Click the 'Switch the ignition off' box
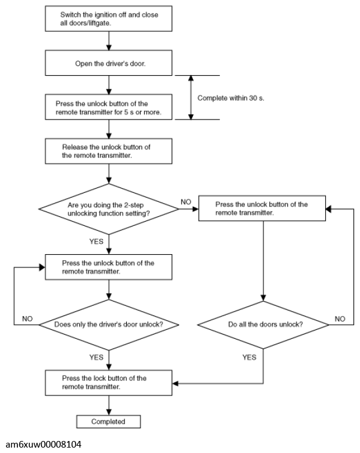tap(109, 19)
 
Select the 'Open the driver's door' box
tap(109, 63)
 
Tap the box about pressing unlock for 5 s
tap(109, 107)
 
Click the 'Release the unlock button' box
tap(109, 151)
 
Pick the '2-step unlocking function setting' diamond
tap(109, 209)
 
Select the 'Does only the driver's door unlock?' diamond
tap(109, 324)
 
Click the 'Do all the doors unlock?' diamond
tap(263, 324)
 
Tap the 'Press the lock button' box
tap(109, 383)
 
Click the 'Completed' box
tap(108, 422)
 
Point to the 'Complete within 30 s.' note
tap(231, 98)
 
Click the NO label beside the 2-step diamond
tap(186, 202)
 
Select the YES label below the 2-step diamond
tap(96, 242)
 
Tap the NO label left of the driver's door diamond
tap(28, 318)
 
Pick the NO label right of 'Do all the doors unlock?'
tap(340, 318)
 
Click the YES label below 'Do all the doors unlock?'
tap(249, 357)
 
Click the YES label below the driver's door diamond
tap(96, 357)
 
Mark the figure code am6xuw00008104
tap(44, 445)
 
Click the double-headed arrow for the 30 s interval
tap(191, 98)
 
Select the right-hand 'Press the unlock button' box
tap(262, 208)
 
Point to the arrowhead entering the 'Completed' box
tap(109, 412)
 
